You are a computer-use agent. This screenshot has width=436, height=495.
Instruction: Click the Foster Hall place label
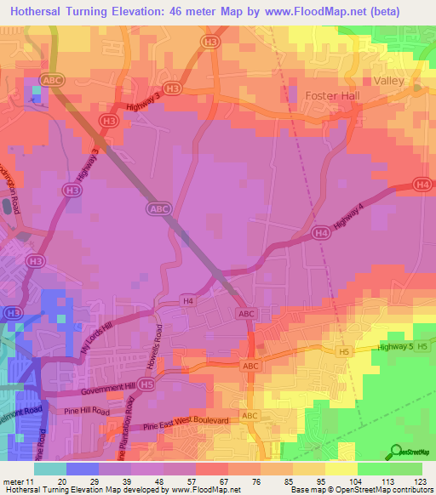(x=332, y=96)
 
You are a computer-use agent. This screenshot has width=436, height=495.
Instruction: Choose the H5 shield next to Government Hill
(x=147, y=385)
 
